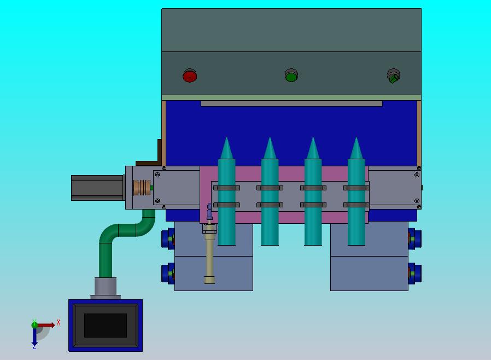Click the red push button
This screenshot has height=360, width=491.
click(x=190, y=76)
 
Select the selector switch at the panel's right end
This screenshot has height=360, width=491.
click(x=393, y=76)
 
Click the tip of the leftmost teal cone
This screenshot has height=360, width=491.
click(x=227, y=137)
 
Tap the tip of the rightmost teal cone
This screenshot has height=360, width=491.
click(x=356, y=137)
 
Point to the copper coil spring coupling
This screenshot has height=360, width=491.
click(x=142, y=188)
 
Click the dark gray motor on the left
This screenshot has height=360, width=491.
click(x=97, y=188)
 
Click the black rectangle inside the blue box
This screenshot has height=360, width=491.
click(x=106, y=326)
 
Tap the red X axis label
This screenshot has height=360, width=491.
click(x=59, y=322)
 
